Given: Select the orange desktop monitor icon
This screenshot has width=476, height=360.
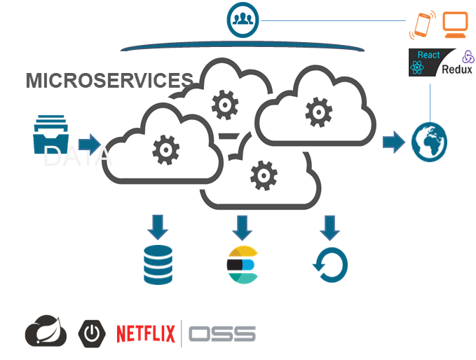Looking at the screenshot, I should (x=455, y=26).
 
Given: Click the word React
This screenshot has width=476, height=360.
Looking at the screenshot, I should (x=428, y=55).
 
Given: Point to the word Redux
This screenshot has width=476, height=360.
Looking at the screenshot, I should (x=457, y=69).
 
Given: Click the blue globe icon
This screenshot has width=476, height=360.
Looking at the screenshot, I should (x=429, y=142).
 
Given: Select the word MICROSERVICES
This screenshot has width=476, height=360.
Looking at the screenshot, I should (x=109, y=81).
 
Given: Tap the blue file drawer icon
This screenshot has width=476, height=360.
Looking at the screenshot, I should (x=49, y=133).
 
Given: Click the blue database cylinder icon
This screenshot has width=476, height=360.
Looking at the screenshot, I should (x=158, y=265).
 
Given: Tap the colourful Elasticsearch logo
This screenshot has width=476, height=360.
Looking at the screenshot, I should (x=242, y=265).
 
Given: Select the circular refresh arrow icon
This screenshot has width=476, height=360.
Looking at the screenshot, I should (x=329, y=265).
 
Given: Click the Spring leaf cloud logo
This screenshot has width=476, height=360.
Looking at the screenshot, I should (x=46, y=331).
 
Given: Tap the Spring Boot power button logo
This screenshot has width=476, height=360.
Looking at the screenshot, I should (x=91, y=333).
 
